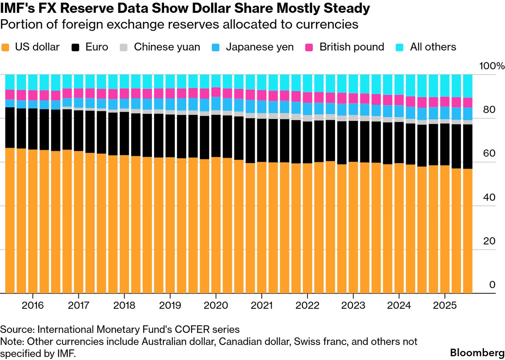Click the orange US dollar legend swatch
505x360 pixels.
tap(5, 48)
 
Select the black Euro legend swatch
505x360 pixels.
tap(76, 48)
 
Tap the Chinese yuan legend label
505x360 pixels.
tap(167, 47)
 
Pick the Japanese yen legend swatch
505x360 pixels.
tap(216, 48)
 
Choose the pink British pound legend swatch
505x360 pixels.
tap(309, 48)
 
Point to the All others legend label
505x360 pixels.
tap(433, 47)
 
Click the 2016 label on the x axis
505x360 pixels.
tap(33, 305)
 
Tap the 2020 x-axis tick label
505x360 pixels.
tap(216, 305)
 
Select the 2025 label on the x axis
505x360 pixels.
tap(445, 305)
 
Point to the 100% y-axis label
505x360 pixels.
tap(492, 66)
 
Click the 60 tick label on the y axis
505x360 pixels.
tap(489, 154)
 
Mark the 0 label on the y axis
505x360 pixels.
tap(492, 285)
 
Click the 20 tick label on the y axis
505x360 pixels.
tap(489, 241)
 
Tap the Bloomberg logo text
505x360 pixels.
tap(477, 353)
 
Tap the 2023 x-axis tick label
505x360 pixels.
tap(353, 305)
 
